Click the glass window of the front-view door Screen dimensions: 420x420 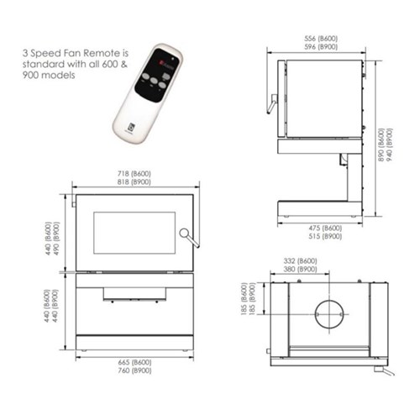pyautogui.click(x=134, y=234)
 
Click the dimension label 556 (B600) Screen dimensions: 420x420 pyautogui.click(x=319, y=39)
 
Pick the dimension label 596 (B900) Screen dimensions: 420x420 pyautogui.click(x=319, y=49)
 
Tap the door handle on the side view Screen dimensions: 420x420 pyautogui.click(x=270, y=103)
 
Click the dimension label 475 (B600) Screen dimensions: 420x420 pyautogui.click(x=323, y=228)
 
